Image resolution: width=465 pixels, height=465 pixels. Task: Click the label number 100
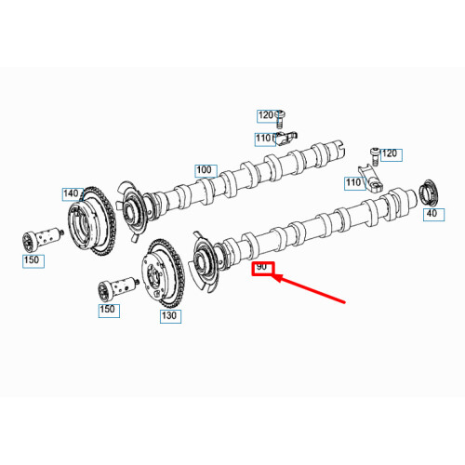[x=205, y=170]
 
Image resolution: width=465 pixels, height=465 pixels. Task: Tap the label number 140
[x=72, y=193]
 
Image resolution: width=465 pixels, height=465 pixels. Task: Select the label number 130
[x=169, y=315]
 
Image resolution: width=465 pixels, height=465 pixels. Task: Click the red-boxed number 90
[x=262, y=267]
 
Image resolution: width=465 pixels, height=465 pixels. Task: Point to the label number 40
[x=431, y=214]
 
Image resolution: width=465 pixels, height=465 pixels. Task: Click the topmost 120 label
[x=266, y=115]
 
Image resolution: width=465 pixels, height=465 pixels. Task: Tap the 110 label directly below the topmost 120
[x=265, y=139]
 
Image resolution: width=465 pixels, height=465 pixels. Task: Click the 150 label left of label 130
[x=108, y=309]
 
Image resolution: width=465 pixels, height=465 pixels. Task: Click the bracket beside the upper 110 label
[x=289, y=137]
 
